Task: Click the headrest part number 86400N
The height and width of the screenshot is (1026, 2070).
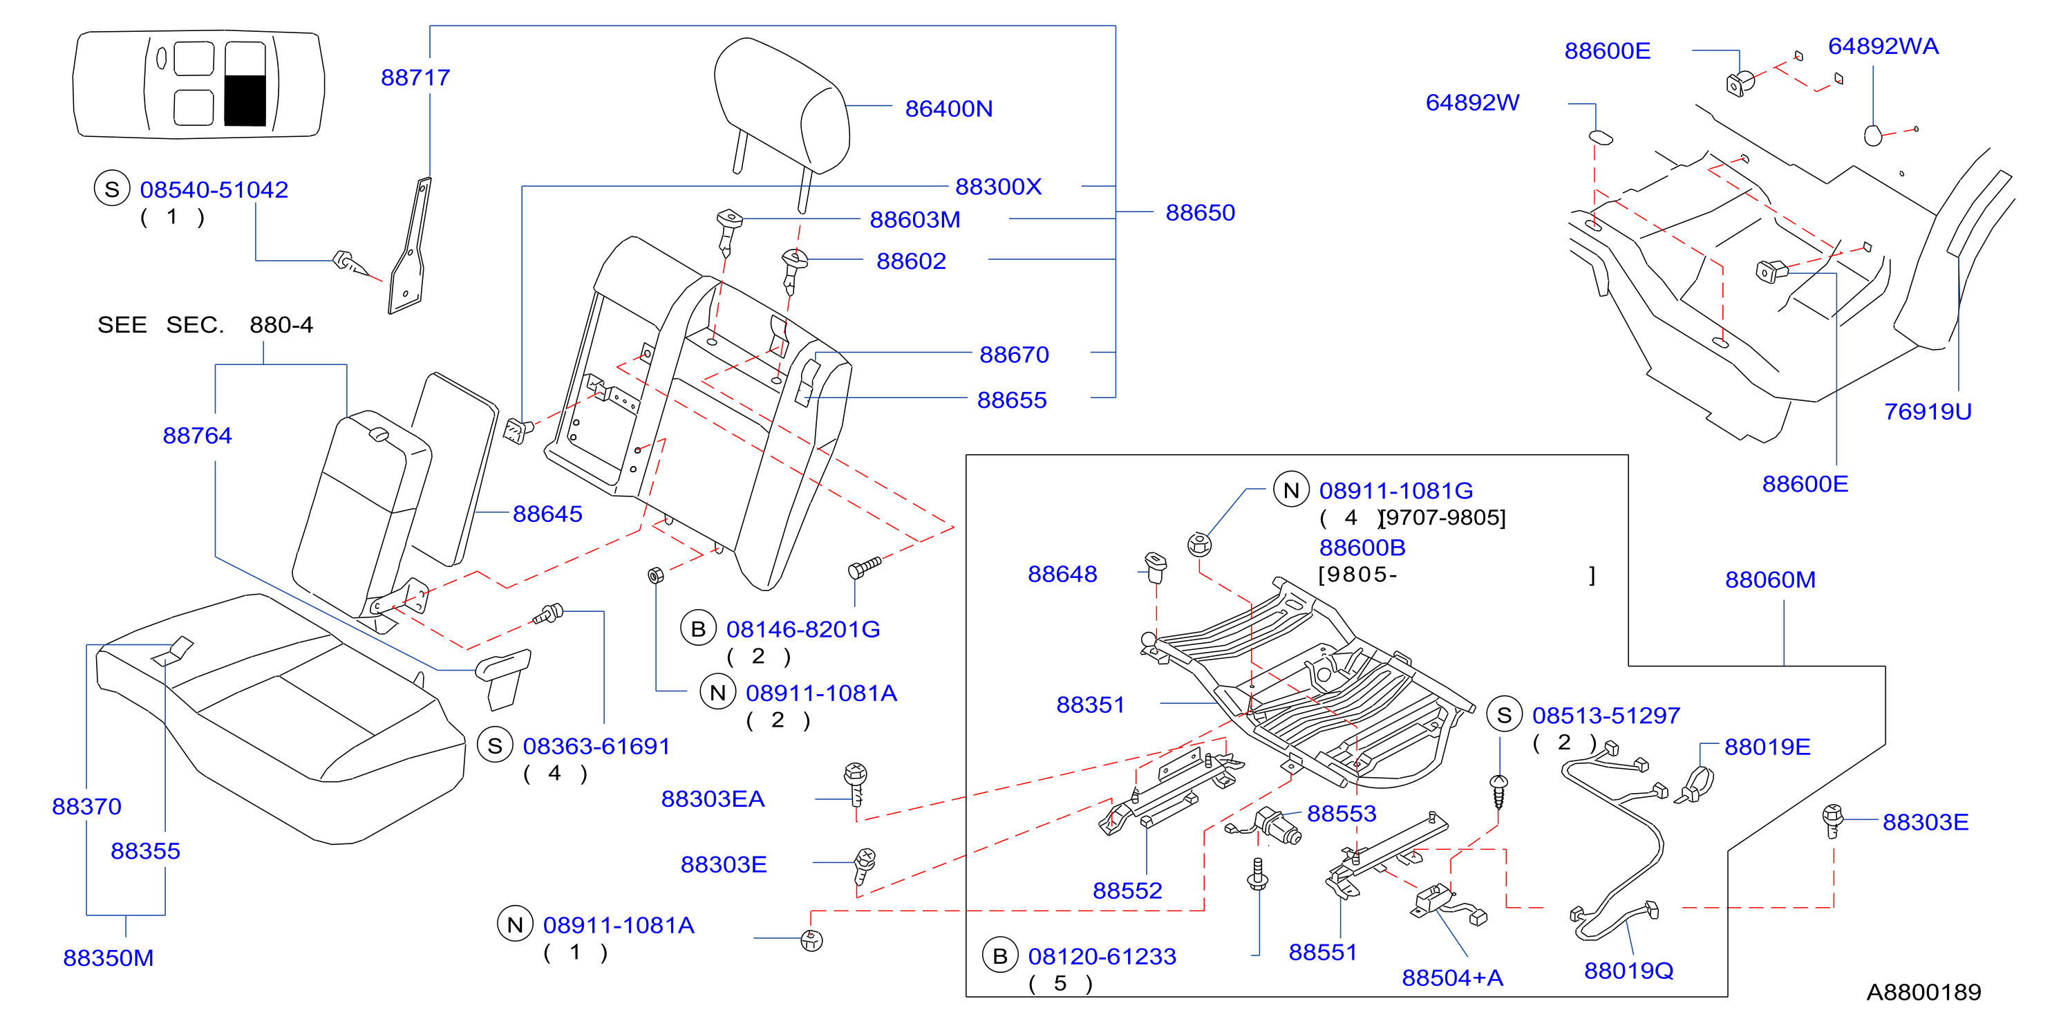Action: click(948, 109)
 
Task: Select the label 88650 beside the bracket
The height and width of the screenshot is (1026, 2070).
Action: click(1200, 212)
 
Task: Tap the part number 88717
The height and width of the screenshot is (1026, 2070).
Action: click(415, 77)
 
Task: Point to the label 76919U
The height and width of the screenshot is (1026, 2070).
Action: click(1928, 411)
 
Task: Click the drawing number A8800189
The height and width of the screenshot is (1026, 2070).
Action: click(1923, 991)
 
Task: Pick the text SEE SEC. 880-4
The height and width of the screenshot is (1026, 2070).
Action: click(205, 325)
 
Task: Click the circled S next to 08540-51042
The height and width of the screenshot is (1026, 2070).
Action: click(112, 189)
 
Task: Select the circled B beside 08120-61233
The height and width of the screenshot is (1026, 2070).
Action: click(999, 956)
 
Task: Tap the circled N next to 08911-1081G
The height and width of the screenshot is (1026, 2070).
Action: click(1291, 490)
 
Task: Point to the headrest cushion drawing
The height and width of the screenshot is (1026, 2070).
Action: click(781, 104)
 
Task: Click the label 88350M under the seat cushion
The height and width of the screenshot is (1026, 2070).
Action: click(109, 958)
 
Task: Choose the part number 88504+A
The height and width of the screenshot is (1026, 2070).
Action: click(1452, 977)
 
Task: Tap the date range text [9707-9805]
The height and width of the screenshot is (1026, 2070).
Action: click(1443, 517)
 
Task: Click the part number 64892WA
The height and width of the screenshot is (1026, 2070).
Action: click(1883, 46)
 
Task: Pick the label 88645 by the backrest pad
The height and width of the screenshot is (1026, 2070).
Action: click(547, 514)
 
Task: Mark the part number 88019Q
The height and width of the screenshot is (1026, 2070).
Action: click(1629, 971)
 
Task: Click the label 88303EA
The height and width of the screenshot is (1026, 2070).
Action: click(713, 799)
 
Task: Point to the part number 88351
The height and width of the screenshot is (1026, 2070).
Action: click(1090, 705)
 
